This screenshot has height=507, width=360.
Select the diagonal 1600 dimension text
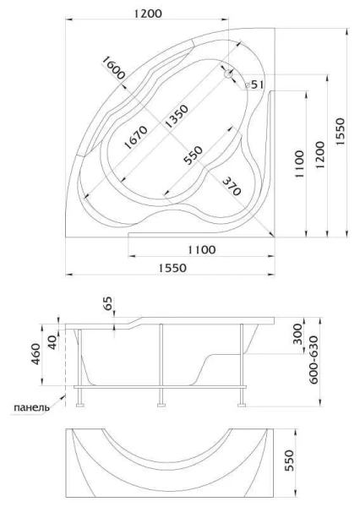point(112,67)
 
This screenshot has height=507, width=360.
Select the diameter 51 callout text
point(256,84)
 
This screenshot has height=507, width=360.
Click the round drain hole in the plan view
point(229,74)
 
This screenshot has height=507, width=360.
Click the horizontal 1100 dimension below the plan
point(200,249)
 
